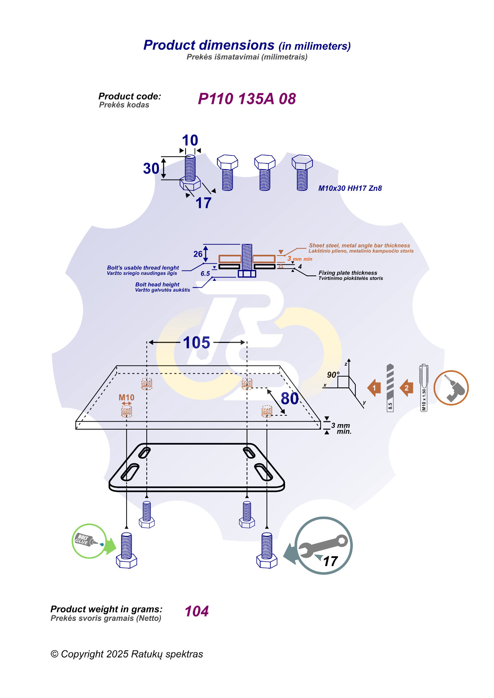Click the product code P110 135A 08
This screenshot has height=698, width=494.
coord(247,99)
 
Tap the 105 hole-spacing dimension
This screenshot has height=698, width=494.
coord(197,343)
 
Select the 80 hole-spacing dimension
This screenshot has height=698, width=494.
coord(289,399)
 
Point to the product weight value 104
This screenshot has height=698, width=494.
coord(197,611)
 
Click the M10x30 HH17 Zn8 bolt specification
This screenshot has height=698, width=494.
coord(350,188)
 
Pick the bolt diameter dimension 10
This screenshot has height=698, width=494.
coord(190,140)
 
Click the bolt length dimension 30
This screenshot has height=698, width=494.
coord(151,169)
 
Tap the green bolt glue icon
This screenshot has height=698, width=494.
coord(89,541)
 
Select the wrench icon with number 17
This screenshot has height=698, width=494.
coord(323,546)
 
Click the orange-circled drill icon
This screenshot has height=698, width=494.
coord(451,388)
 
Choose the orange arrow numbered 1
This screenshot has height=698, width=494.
coord(374,388)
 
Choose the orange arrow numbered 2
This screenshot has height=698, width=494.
coord(407,388)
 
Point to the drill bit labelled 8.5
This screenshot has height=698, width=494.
coord(390,388)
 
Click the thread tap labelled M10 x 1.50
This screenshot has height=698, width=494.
coord(424,388)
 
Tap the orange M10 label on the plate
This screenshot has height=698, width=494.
coord(126,397)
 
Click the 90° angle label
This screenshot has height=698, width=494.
coord(333,375)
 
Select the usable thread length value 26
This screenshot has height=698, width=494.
coord(198,254)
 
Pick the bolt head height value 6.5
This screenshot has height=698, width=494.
coord(205,273)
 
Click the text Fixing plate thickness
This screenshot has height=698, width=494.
coord(348,273)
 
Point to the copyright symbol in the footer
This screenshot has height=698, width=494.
coord(55,654)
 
